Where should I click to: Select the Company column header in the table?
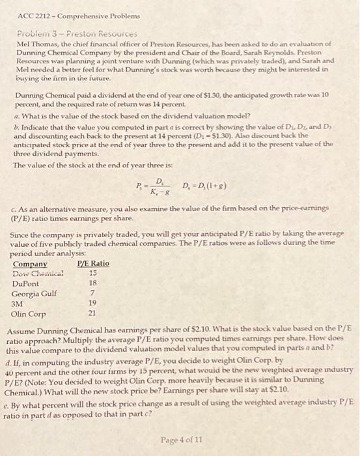click(x=30, y=263)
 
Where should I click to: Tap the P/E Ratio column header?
click(x=93, y=263)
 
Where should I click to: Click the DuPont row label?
click(x=25, y=284)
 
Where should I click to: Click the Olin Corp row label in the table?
click(x=29, y=313)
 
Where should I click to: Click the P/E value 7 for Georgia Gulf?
click(x=92, y=293)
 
